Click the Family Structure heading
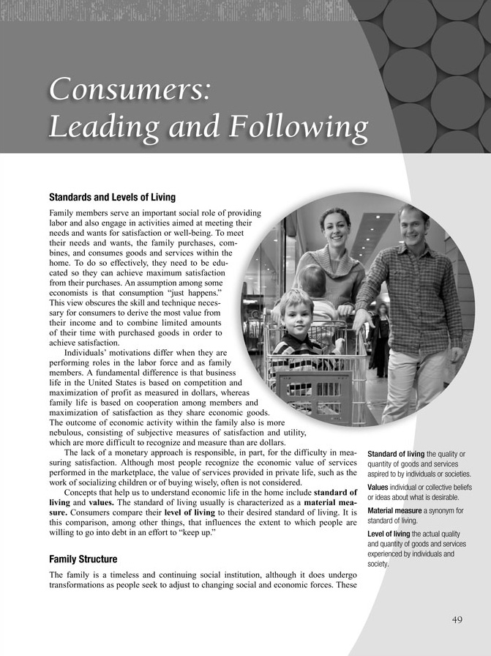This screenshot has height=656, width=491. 83,559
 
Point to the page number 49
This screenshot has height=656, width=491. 457,619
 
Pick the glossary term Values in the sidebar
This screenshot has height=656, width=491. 378,487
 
